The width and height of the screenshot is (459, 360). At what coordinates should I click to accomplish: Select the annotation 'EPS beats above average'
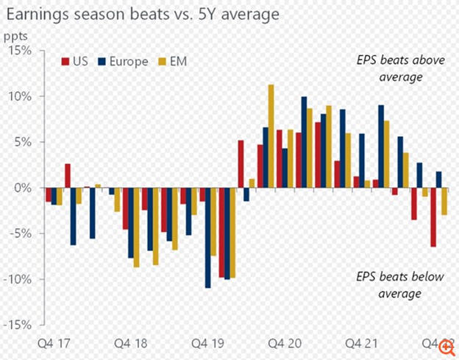tap(383, 69)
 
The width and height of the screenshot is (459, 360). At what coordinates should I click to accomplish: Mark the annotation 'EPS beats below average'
tap(384, 286)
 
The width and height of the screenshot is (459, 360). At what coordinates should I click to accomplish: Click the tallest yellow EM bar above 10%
tap(271, 136)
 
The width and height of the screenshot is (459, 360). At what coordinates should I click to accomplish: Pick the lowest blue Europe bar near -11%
tap(208, 238)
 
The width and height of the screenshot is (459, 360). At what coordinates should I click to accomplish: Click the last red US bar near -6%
tap(433, 217)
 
